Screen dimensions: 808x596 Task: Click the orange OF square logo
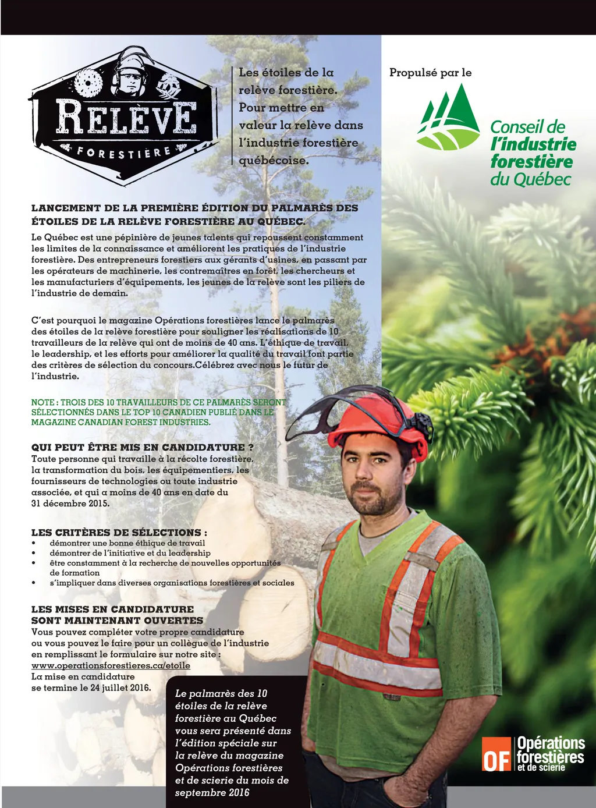point(496,754)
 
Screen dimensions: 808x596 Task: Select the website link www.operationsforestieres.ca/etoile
point(111,665)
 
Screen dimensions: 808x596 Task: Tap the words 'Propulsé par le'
point(430,73)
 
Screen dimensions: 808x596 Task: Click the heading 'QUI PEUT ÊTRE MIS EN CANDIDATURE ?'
point(143,447)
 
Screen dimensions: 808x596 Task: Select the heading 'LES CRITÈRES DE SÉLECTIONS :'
point(119,532)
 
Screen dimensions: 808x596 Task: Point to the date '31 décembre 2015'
point(70,504)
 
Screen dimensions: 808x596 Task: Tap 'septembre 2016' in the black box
point(212,793)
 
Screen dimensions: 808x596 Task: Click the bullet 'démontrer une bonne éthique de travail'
point(127,543)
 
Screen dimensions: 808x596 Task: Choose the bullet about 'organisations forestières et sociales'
point(172,583)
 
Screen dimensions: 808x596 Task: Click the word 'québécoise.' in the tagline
point(274,160)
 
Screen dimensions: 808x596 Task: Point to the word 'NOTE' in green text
point(42,402)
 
